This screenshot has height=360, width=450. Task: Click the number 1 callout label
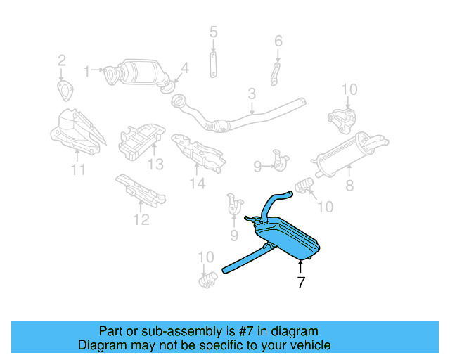coord(88,70)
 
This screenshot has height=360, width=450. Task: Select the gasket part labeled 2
coord(64,90)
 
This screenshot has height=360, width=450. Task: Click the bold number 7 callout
coord(300,283)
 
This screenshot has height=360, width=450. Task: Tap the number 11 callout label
coord(78,169)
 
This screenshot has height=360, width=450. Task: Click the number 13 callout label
coord(155,164)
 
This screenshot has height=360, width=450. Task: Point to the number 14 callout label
coord(197,184)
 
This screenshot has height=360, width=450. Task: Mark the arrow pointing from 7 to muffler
coord(300,266)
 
